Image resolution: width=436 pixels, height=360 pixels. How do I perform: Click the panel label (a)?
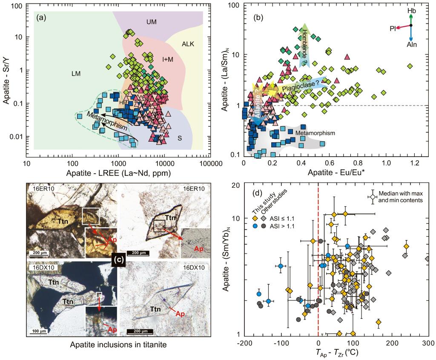coord(41,17)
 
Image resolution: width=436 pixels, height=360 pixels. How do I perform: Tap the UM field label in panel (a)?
coord(152,22)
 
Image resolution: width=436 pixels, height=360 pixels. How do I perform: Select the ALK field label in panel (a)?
coord(188,44)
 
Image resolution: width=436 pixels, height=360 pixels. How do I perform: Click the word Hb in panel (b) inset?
coord(412,10)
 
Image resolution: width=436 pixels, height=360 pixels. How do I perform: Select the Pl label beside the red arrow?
coord(392,28)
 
